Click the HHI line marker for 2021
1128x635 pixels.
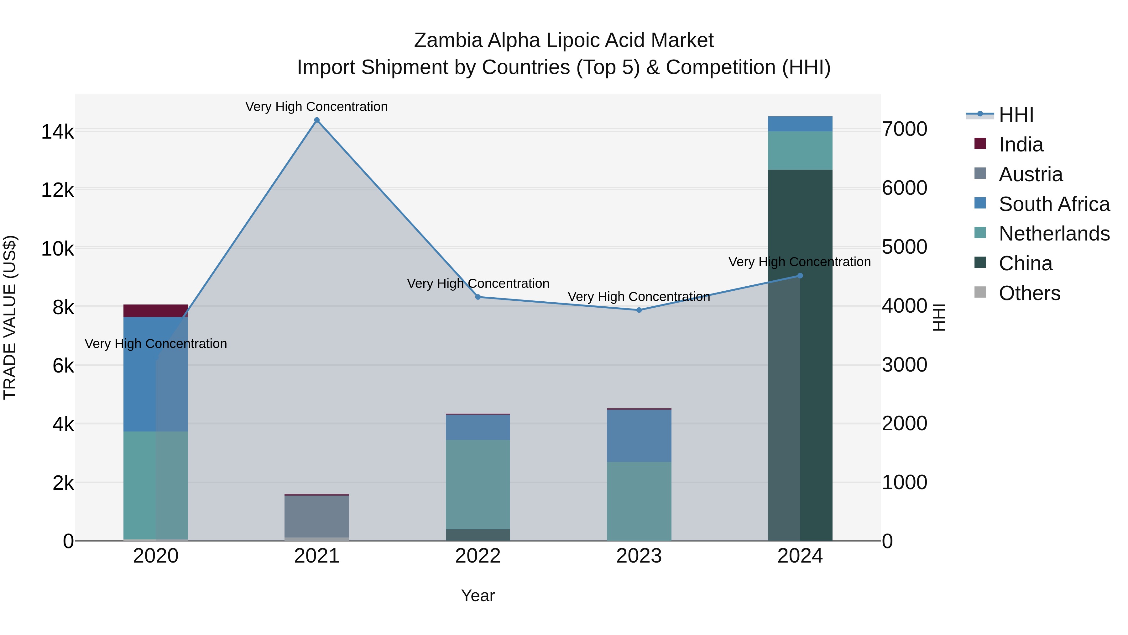click(316, 120)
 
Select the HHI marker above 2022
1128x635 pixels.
click(478, 297)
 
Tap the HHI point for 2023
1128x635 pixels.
click(639, 310)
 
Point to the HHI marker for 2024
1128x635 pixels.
click(800, 276)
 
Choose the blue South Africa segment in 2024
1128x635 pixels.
click(800, 124)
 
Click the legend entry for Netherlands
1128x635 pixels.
click(1053, 234)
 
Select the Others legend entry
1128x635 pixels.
click(1029, 293)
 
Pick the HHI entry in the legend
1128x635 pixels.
click(1016, 115)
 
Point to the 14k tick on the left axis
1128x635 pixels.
click(57, 131)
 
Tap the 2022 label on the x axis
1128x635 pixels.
click(478, 556)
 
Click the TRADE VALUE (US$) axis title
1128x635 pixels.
click(10, 317)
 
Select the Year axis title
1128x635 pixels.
click(478, 595)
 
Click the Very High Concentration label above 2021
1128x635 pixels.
click(316, 107)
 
